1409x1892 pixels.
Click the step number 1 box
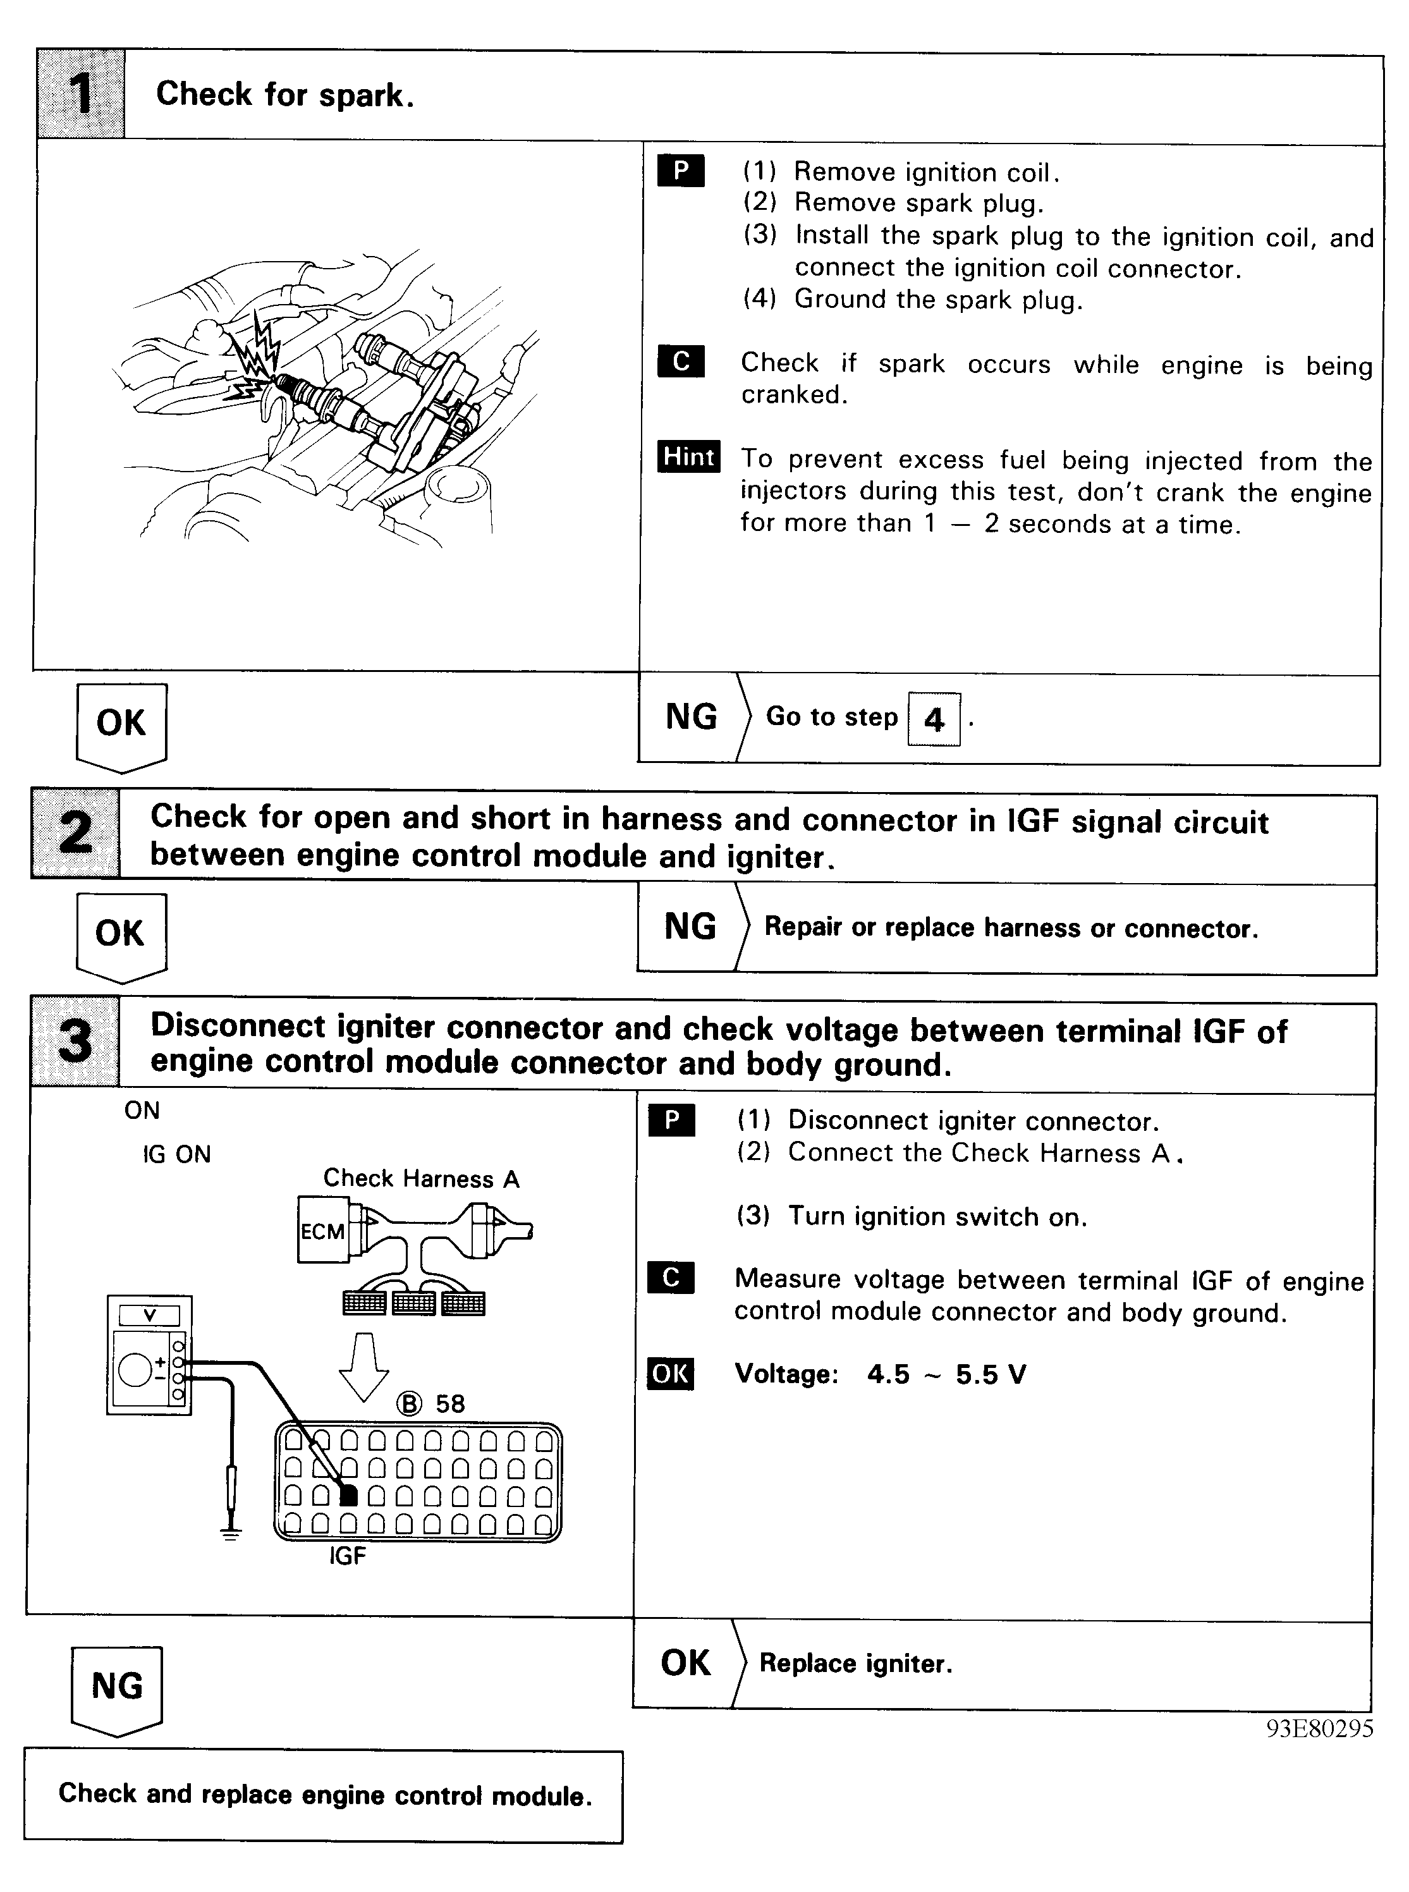tap(81, 94)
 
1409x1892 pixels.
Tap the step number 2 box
tap(76, 833)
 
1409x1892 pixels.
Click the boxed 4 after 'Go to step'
tap(934, 719)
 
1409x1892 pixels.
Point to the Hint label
tap(688, 456)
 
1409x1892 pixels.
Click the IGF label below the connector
tap(347, 1556)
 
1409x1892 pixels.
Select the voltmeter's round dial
tap(135, 1370)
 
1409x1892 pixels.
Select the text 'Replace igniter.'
tap(855, 1663)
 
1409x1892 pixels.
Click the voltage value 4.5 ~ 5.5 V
tap(947, 1374)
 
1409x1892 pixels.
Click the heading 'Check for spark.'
tap(285, 95)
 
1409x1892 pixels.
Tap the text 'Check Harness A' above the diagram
tap(422, 1178)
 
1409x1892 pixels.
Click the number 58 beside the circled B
tap(450, 1404)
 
